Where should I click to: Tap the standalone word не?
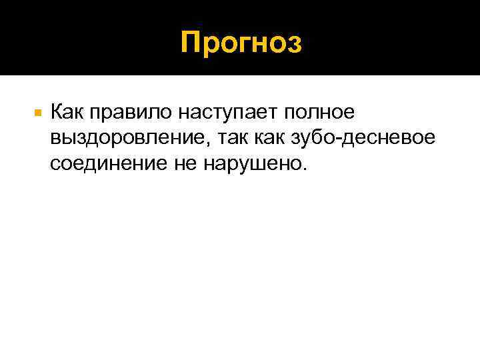pos(189,165)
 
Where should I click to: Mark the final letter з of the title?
pos(294,45)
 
